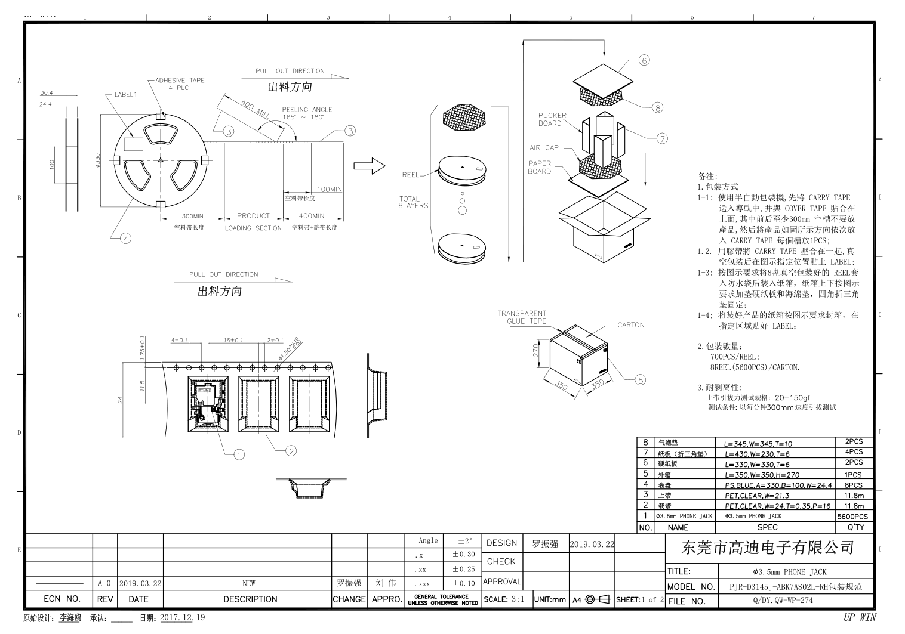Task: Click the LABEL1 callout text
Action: [125, 94]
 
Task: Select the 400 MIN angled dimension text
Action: [255, 109]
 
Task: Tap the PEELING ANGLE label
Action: [307, 110]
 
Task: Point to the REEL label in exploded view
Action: [411, 175]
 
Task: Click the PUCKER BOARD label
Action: [552, 119]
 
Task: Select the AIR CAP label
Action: [544, 147]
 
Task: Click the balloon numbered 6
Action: [644, 60]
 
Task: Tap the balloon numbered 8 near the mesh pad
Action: [657, 107]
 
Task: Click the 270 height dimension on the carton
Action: [536, 350]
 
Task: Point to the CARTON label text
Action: [631, 325]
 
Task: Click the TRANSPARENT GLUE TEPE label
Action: [522, 317]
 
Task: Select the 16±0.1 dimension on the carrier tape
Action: [233, 340]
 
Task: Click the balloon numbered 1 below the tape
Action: [239, 455]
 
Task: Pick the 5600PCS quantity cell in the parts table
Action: [852, 517]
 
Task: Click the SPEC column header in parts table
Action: [767, 528]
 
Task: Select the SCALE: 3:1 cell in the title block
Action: [504, 599]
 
